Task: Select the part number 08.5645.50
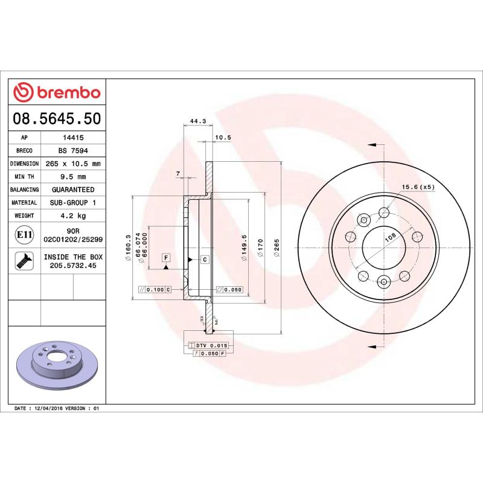coord(57,118)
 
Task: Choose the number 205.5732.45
coord(73,264)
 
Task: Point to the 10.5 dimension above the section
coord(223,138)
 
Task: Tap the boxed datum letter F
coord(165,258)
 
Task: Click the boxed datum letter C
coord(204,260)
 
